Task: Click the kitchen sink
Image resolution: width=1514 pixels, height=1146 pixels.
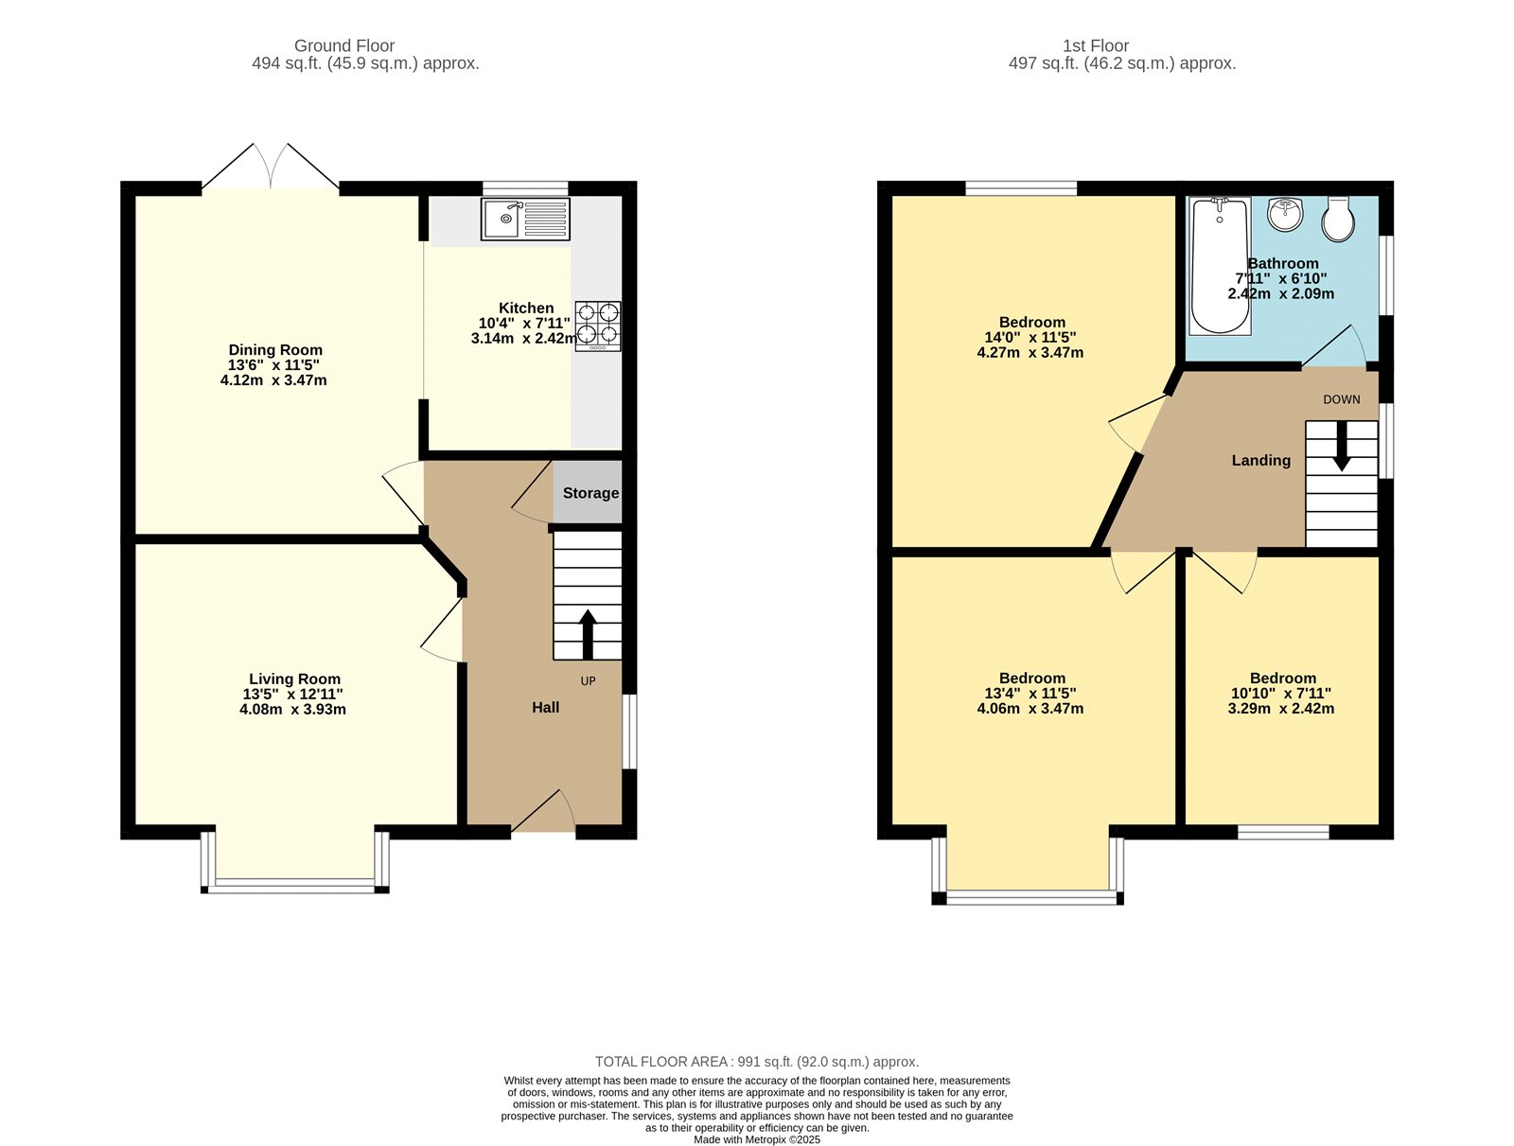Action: click(x=525, y=220)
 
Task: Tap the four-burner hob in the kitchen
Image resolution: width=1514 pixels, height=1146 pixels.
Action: click(x=598, y=326)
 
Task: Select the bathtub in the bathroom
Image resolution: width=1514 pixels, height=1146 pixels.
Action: click(x=1220, y=266)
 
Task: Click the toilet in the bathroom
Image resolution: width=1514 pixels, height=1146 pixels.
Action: click(x=1338, y=220)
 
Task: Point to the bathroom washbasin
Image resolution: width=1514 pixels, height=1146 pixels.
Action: click(x=1285, y=214)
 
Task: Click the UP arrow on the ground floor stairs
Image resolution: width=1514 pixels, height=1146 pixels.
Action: click(x=587, y=634)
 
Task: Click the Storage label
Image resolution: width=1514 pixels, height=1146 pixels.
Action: click(x=590, y=493)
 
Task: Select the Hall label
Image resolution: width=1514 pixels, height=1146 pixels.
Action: click(x=545, y=707)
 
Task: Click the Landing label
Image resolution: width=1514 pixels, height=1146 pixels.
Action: click(x=1260, y=460)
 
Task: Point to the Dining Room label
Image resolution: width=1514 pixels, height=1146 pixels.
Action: click(x=275, y=350)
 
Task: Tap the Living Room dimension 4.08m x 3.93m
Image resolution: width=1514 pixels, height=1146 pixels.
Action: click(x=292, y=709)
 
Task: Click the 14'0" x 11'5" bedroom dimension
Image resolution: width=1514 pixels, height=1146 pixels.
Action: click(x=1030, y=337)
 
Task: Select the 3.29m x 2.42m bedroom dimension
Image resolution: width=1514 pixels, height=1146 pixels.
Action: click(x=1281, y=708)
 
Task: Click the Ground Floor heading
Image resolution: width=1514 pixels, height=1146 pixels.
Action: click(x=343, y=45)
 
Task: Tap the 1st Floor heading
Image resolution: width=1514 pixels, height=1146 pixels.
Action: click(x=1095, y=45)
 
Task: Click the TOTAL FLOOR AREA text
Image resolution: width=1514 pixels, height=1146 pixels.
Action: click(x=757, y=1062)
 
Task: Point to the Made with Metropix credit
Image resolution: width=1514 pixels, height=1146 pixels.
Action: click(x=757, y=1139)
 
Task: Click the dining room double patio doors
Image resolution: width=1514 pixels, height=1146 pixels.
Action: click(x=271, y=170)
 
